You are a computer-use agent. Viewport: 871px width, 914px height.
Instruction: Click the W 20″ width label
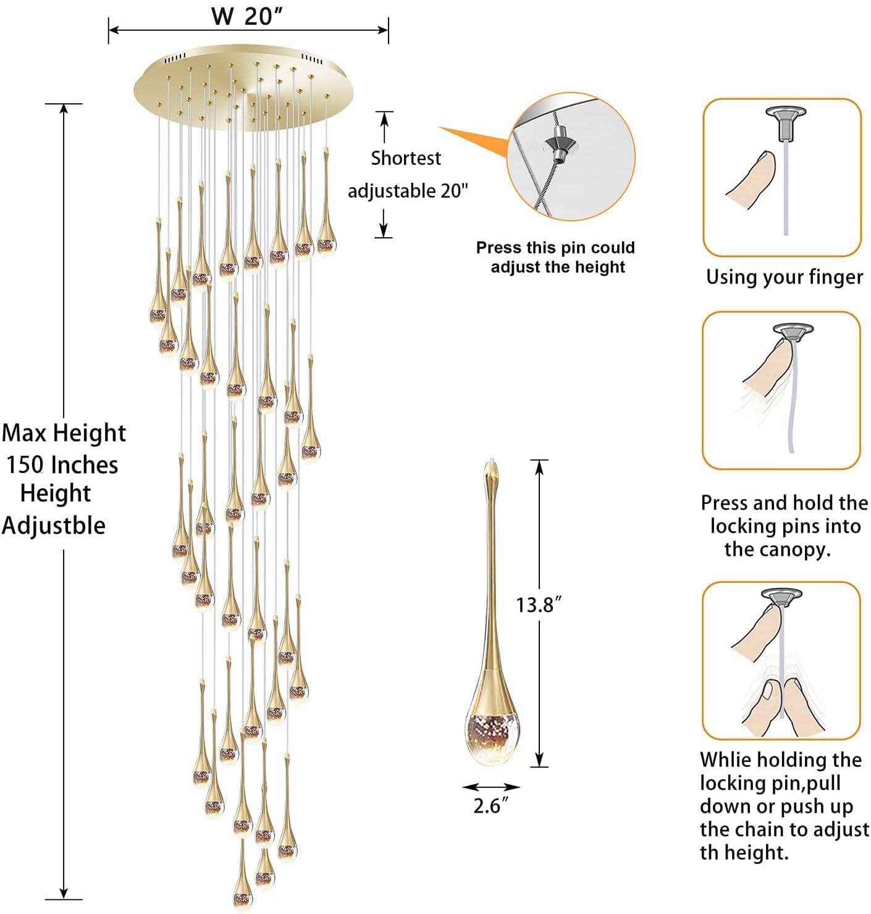(247, 16)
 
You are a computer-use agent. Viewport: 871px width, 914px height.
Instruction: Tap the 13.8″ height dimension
(539, 605)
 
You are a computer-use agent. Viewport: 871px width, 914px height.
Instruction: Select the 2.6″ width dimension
(490, 806)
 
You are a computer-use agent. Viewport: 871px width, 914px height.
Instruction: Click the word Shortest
(405, 158)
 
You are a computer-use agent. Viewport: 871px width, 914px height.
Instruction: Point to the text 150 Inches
(62, 464)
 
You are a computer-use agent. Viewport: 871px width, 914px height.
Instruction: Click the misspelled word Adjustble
(54, 526)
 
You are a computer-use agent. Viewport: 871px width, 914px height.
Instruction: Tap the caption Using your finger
(784, 277)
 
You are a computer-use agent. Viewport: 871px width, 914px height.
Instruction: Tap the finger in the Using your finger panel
(751, 180)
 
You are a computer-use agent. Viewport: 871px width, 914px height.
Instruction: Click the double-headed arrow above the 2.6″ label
(491, 787)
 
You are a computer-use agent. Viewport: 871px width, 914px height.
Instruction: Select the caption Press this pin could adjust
(556, 257)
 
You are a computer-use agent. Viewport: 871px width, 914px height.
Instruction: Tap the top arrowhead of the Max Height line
(64, 108)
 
